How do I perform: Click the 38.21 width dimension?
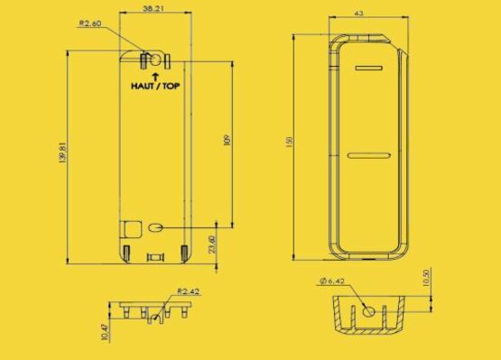point(153,8)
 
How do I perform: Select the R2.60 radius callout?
point(90,23)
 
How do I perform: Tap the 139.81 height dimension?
point(62,153)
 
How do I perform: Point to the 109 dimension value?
point(227,140)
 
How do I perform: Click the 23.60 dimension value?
point(212,245)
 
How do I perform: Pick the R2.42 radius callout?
point(188,291)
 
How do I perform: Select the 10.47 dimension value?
point(105,332)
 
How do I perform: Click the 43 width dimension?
point(358,14)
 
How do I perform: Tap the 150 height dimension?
point(290,142)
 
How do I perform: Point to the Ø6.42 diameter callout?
point(331,281)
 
